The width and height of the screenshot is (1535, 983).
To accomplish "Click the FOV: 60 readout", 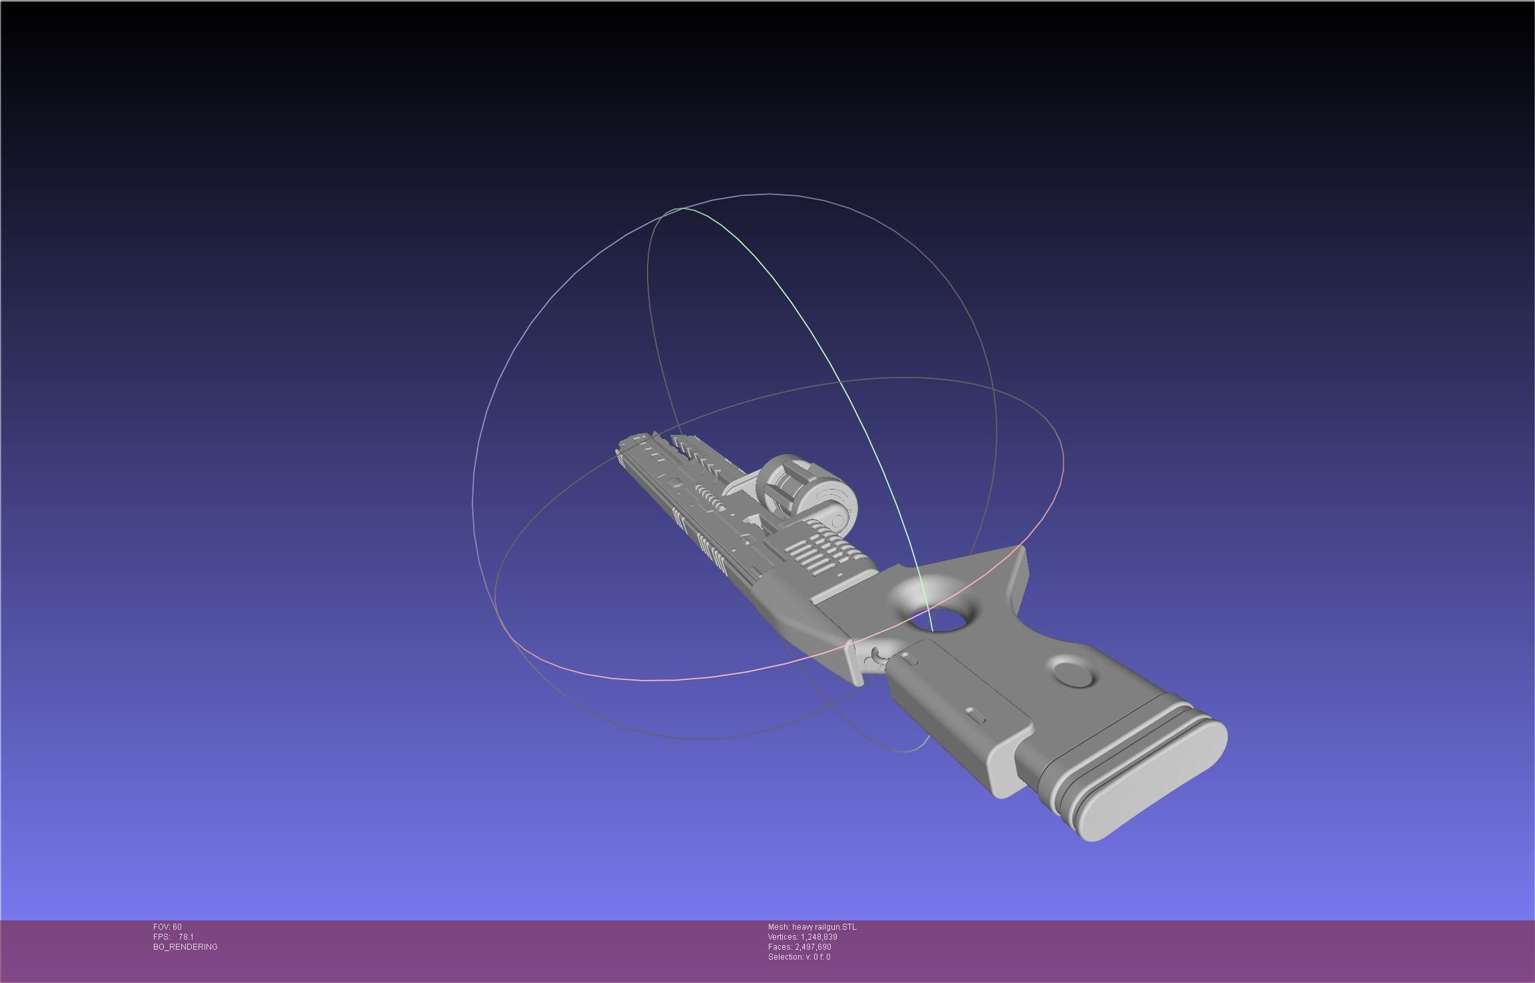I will (x=167, y=927).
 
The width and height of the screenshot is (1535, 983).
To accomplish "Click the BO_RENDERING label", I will (x=185, y=947).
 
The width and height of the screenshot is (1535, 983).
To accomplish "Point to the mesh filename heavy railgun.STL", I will (x=812, y=927).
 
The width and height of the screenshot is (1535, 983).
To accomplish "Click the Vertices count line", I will (x=802, y=937).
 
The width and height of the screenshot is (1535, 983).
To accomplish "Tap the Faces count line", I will (x=799, y=947).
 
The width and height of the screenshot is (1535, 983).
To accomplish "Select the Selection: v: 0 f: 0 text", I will (x=799, y=957).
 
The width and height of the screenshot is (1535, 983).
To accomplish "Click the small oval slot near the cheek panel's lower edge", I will (x=976, y=715).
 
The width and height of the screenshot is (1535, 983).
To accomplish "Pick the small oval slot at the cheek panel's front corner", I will (x=909, y=659).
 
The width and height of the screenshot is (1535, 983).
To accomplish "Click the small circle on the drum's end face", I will (x=839, y=520).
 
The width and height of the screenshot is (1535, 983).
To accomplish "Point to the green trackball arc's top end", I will (x=683, y=209).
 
